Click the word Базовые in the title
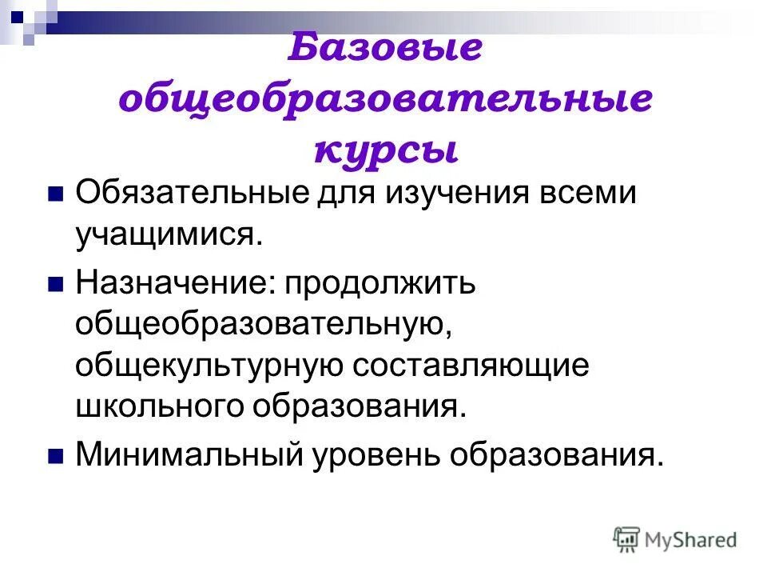pyautogui.click(x=385, y=49)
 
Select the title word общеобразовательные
pyautogui.click(x=386, y=100)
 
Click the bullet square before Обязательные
pyautogui.click(x=55, y=195)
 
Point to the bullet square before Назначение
pyautogui.click(x=55, y=285)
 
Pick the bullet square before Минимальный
pyautogui.click(x=55, y=456)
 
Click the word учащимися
pyautogui.click(x=169, y=235)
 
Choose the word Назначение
pyautogui.click(x=171, y=285)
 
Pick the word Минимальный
pyautogui.click(x=189, y=456)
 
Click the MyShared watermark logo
pyautogui.click(x=675, y=539)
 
